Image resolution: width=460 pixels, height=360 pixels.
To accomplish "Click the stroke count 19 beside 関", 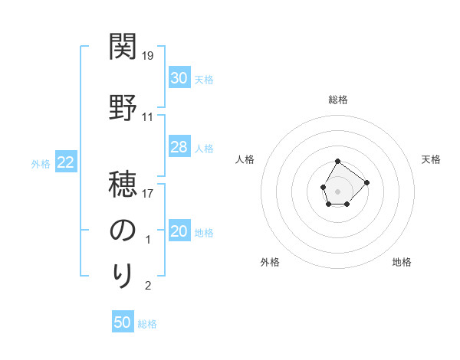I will pyautogui.click(x=149, y=56).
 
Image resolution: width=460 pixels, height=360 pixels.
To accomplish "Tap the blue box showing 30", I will pyautogui.click(x=179, y=78).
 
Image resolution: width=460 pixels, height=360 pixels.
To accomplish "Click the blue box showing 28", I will pyautogui.click(x=179, y=147).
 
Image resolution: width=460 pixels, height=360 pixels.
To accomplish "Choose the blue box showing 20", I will pyautogui.click(x=179, y=231).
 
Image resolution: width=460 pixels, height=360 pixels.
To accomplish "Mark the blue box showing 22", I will pyautogui.click(x=66, y=162).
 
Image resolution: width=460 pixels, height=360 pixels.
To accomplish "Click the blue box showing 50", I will pyautogui.click(x=123, y=322).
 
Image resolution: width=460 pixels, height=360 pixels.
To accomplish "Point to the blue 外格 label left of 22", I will pyautogui.click(x=41, y=163).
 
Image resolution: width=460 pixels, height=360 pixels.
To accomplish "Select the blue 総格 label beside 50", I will pyautogui.click(x=147, y=324).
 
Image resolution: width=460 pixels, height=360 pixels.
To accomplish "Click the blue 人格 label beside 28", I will pyautogui.click(x=204, y=148).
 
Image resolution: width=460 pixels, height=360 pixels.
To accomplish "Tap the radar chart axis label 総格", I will pyautogui.click(x=338, y=100).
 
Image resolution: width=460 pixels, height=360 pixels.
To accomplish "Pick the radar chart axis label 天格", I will pyautogui.click(x=432, y=159).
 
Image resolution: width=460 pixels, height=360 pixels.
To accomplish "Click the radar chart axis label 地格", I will pyautogui.click(x=402, y=262).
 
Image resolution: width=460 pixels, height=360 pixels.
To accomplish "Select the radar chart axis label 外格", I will pyautogui.click(x=270, y=262).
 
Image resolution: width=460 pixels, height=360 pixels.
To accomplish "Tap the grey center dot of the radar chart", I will pyautogui.click(x=338, y=190).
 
